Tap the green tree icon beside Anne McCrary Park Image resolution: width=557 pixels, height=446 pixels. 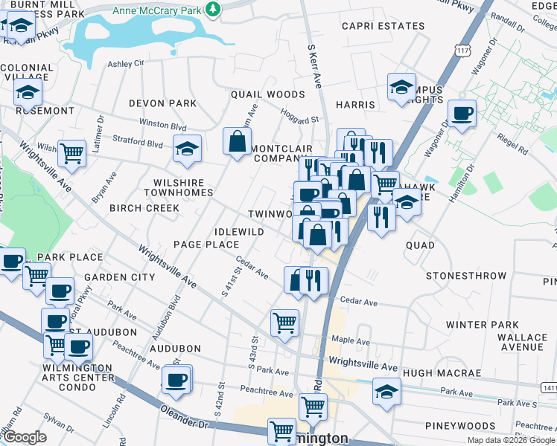[214, 8]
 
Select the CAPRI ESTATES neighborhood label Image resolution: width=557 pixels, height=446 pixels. [383, 26]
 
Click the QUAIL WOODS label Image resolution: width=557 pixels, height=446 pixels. [267, 94]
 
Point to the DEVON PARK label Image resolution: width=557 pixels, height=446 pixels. [162, 103]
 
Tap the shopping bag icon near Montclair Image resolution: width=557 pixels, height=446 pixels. [237, 141]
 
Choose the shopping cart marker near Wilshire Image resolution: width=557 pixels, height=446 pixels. [72, 154]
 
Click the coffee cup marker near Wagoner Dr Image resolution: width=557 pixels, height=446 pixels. [462, 114]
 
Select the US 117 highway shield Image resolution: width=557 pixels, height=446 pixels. [462, 51]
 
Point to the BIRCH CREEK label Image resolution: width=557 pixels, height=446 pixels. [144, 208]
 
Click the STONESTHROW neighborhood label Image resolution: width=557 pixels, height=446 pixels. [466, 276]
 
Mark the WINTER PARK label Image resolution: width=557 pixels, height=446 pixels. [482, 325]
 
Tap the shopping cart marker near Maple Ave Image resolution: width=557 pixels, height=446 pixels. [284, 323]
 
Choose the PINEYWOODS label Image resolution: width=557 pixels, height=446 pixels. [455, 425]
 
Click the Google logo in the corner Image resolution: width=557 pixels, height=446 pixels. [25, 437]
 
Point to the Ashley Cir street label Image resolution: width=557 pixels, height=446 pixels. [126, 64]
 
